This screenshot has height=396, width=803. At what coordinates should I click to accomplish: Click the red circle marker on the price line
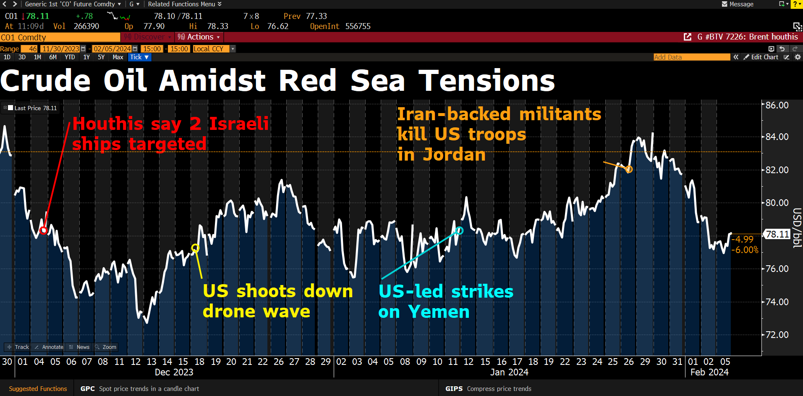(43, 230)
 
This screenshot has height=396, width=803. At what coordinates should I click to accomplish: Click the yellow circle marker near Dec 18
(195, 248)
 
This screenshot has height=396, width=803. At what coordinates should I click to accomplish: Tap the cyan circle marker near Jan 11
(460, 230)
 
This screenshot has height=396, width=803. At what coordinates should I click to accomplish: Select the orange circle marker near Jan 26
(629, 169)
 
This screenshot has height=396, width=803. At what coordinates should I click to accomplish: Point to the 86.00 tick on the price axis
(777, 105)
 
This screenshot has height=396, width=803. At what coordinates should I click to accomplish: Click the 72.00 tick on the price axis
(777, 335)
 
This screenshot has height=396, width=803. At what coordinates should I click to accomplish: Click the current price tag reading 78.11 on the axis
(777, 234)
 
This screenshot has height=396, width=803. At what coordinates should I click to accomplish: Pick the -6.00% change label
(745, 250)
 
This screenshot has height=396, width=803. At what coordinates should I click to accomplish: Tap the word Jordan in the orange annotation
(454, 154)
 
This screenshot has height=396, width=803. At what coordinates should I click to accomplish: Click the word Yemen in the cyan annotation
(439, 312)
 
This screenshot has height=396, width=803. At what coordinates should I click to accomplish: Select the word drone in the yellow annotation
(229, 312)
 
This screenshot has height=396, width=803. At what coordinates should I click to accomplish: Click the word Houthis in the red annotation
(108, 124)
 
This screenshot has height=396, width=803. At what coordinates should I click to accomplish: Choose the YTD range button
(70, 57)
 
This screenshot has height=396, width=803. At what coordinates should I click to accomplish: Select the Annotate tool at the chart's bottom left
(49, 347)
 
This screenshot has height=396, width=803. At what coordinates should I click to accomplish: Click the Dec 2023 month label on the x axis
(174, 372)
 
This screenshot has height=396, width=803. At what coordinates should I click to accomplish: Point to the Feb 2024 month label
(709, 372)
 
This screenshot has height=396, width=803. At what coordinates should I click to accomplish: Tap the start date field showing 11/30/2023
(61, 49)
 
